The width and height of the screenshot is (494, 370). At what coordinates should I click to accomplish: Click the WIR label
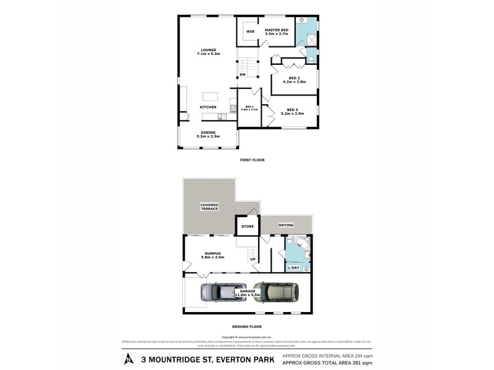pyautogui.click(x=250, y=31)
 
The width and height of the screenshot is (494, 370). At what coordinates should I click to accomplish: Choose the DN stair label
pyautogui.click(x=243, y=75)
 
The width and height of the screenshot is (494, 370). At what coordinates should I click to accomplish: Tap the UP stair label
pyautogui.click(x=253, y=259)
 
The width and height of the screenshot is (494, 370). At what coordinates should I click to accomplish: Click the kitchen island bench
pyautogui.click(x=211, y=96)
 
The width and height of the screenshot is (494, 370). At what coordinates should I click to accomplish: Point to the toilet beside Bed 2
pyautogui.click(x=311, y=59)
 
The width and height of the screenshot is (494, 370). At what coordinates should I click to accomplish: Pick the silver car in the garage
pyautogui.click(x=220, y=292)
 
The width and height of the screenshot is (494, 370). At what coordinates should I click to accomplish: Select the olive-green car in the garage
pyautogui.click(x=275, y=291)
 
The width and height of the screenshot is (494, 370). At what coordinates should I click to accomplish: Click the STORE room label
pyautogui.click(x=248, y=226)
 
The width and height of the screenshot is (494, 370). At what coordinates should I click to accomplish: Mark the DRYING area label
pyautogui.click(x=286, y=225)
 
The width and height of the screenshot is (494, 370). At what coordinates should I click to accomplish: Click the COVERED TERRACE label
pyautogui.click(x=209, y=207)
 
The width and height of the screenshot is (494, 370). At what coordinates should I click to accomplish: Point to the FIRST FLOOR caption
pyautogui.click(x=252, y=160)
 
